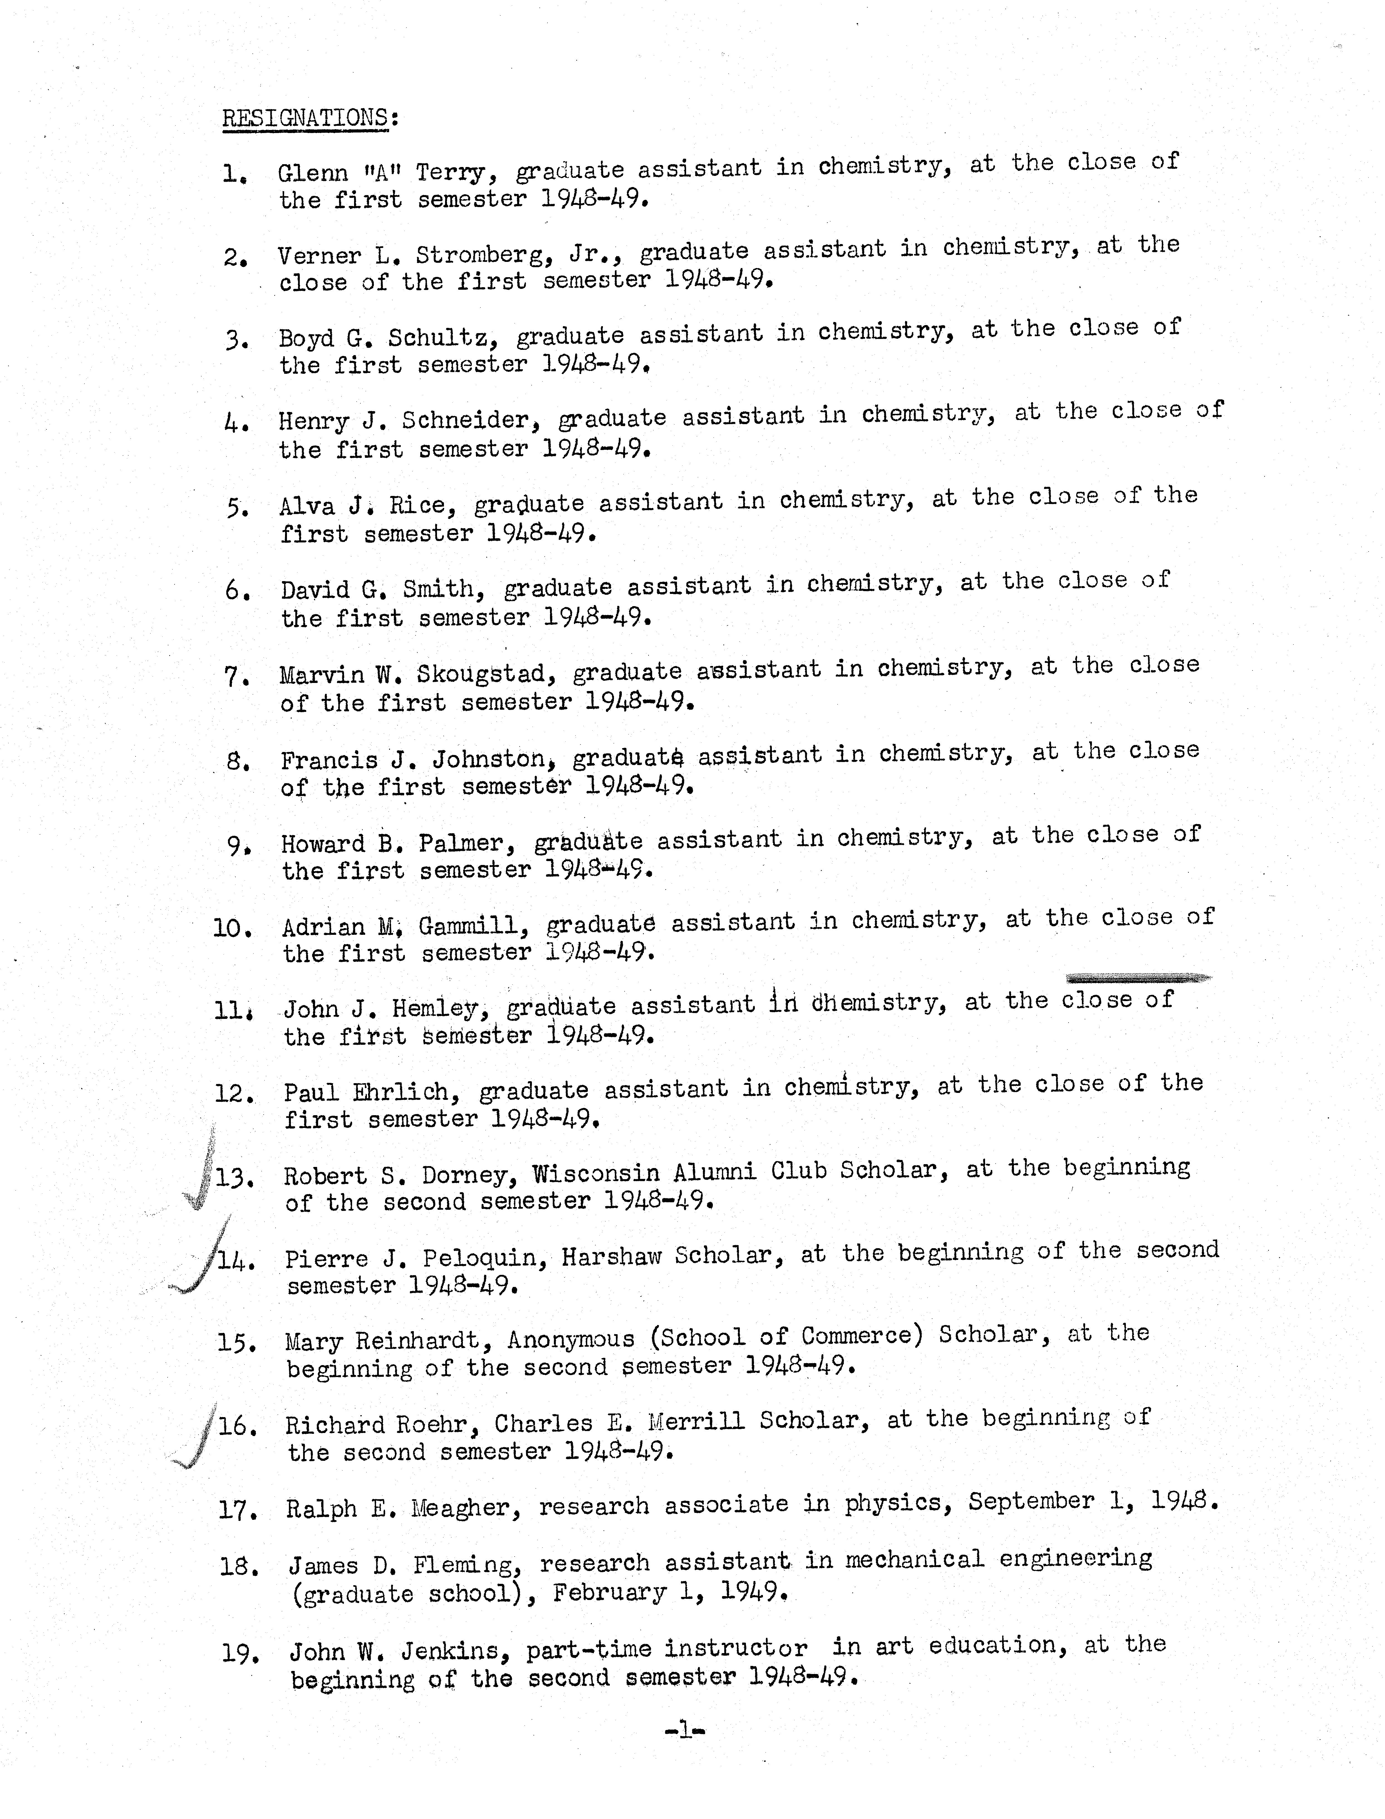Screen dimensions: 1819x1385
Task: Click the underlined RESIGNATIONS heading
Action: click(x=305, y=118)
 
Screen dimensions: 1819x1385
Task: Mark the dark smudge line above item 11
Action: click(x=1138, y=978)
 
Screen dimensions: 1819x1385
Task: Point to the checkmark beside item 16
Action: click(x=196, y=1438)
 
